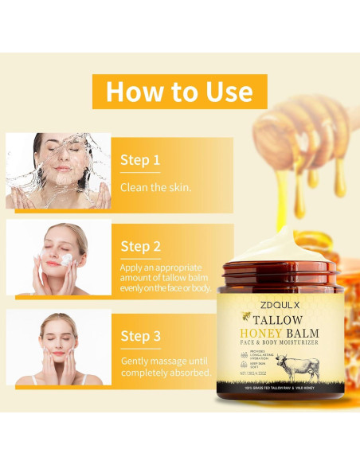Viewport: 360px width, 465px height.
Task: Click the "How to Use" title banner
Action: coord(179,91)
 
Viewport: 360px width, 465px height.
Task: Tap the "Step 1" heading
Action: coord(140,160)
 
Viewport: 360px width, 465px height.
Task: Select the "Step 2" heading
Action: coord(140,246)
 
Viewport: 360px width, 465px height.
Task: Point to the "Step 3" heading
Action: coord(140,336)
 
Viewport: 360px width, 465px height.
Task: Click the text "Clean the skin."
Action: coord(155,188)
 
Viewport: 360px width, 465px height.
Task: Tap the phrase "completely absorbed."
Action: coord(166,372)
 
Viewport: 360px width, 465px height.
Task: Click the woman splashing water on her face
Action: coord(58,170)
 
